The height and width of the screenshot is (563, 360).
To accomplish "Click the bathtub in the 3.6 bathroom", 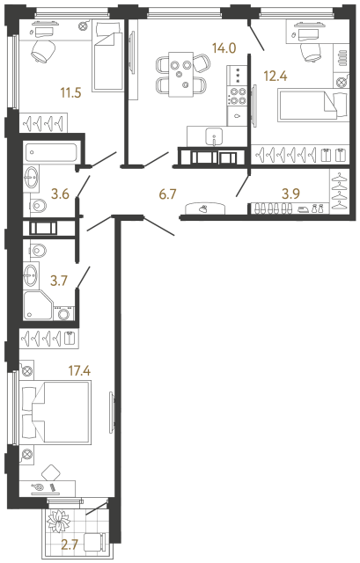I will click(50, 152).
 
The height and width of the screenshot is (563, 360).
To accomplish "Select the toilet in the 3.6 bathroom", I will click(39, 207).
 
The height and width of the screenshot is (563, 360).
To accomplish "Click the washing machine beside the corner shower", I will click(63, 314).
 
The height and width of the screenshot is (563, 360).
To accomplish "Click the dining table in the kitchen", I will click(180, 72).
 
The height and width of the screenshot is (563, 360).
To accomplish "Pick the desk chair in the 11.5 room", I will click(41, 52).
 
